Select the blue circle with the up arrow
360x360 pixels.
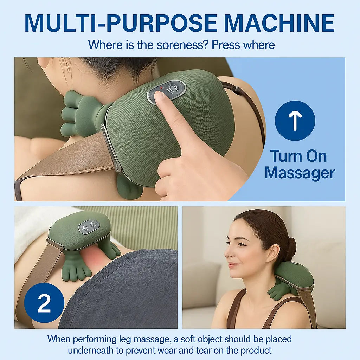(x=295, y=121)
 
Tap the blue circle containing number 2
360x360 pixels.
(x=44, y=303)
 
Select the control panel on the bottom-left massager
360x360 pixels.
(x=89, y=227)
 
